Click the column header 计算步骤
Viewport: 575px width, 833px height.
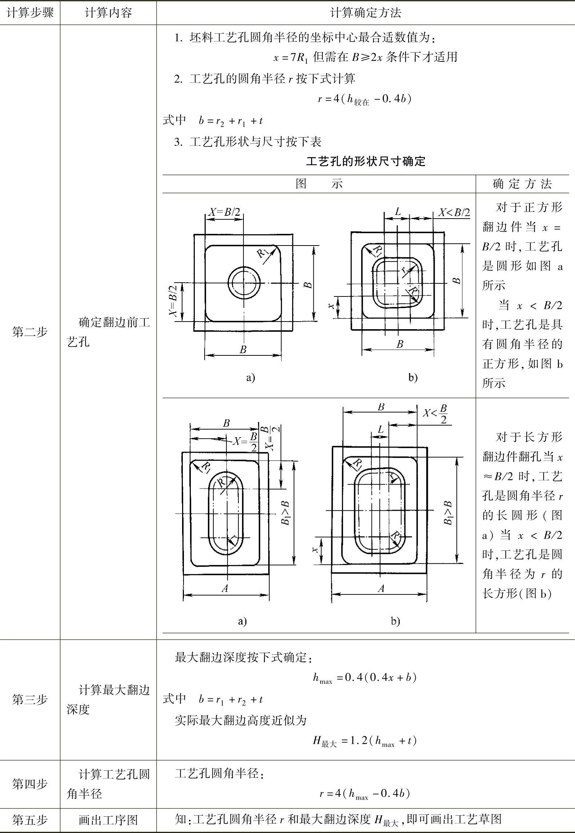(x=30, y=13)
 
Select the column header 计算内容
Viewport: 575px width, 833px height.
(x=108, y=13)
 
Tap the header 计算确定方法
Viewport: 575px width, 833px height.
(x=365, y=13)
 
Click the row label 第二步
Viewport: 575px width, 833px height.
(x=30, y=332)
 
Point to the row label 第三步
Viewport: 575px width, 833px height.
(x=30, y=699)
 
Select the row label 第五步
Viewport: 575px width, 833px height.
(x=30, y=820)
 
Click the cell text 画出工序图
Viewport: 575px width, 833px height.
(x=108, y=820)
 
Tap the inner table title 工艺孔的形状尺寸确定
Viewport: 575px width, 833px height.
(x=365, y=161)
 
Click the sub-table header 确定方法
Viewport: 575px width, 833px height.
(x=522, y=184)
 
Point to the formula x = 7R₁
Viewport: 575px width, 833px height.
(x=291, y=57)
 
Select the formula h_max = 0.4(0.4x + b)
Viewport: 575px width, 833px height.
(x=365, y=677)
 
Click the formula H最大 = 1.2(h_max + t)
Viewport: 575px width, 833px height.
(x=365, y=741)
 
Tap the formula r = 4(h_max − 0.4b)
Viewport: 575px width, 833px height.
(x=365, y=793)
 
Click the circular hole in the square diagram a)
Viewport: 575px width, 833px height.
(x=244, y=283)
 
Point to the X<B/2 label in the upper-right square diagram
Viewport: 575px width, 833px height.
(x=454, y=212)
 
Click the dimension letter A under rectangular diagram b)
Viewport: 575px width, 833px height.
(x=381, y=588)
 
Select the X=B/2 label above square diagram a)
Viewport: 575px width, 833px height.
(x=224, y=212)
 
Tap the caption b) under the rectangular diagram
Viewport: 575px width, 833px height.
(x=395, y=621)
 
